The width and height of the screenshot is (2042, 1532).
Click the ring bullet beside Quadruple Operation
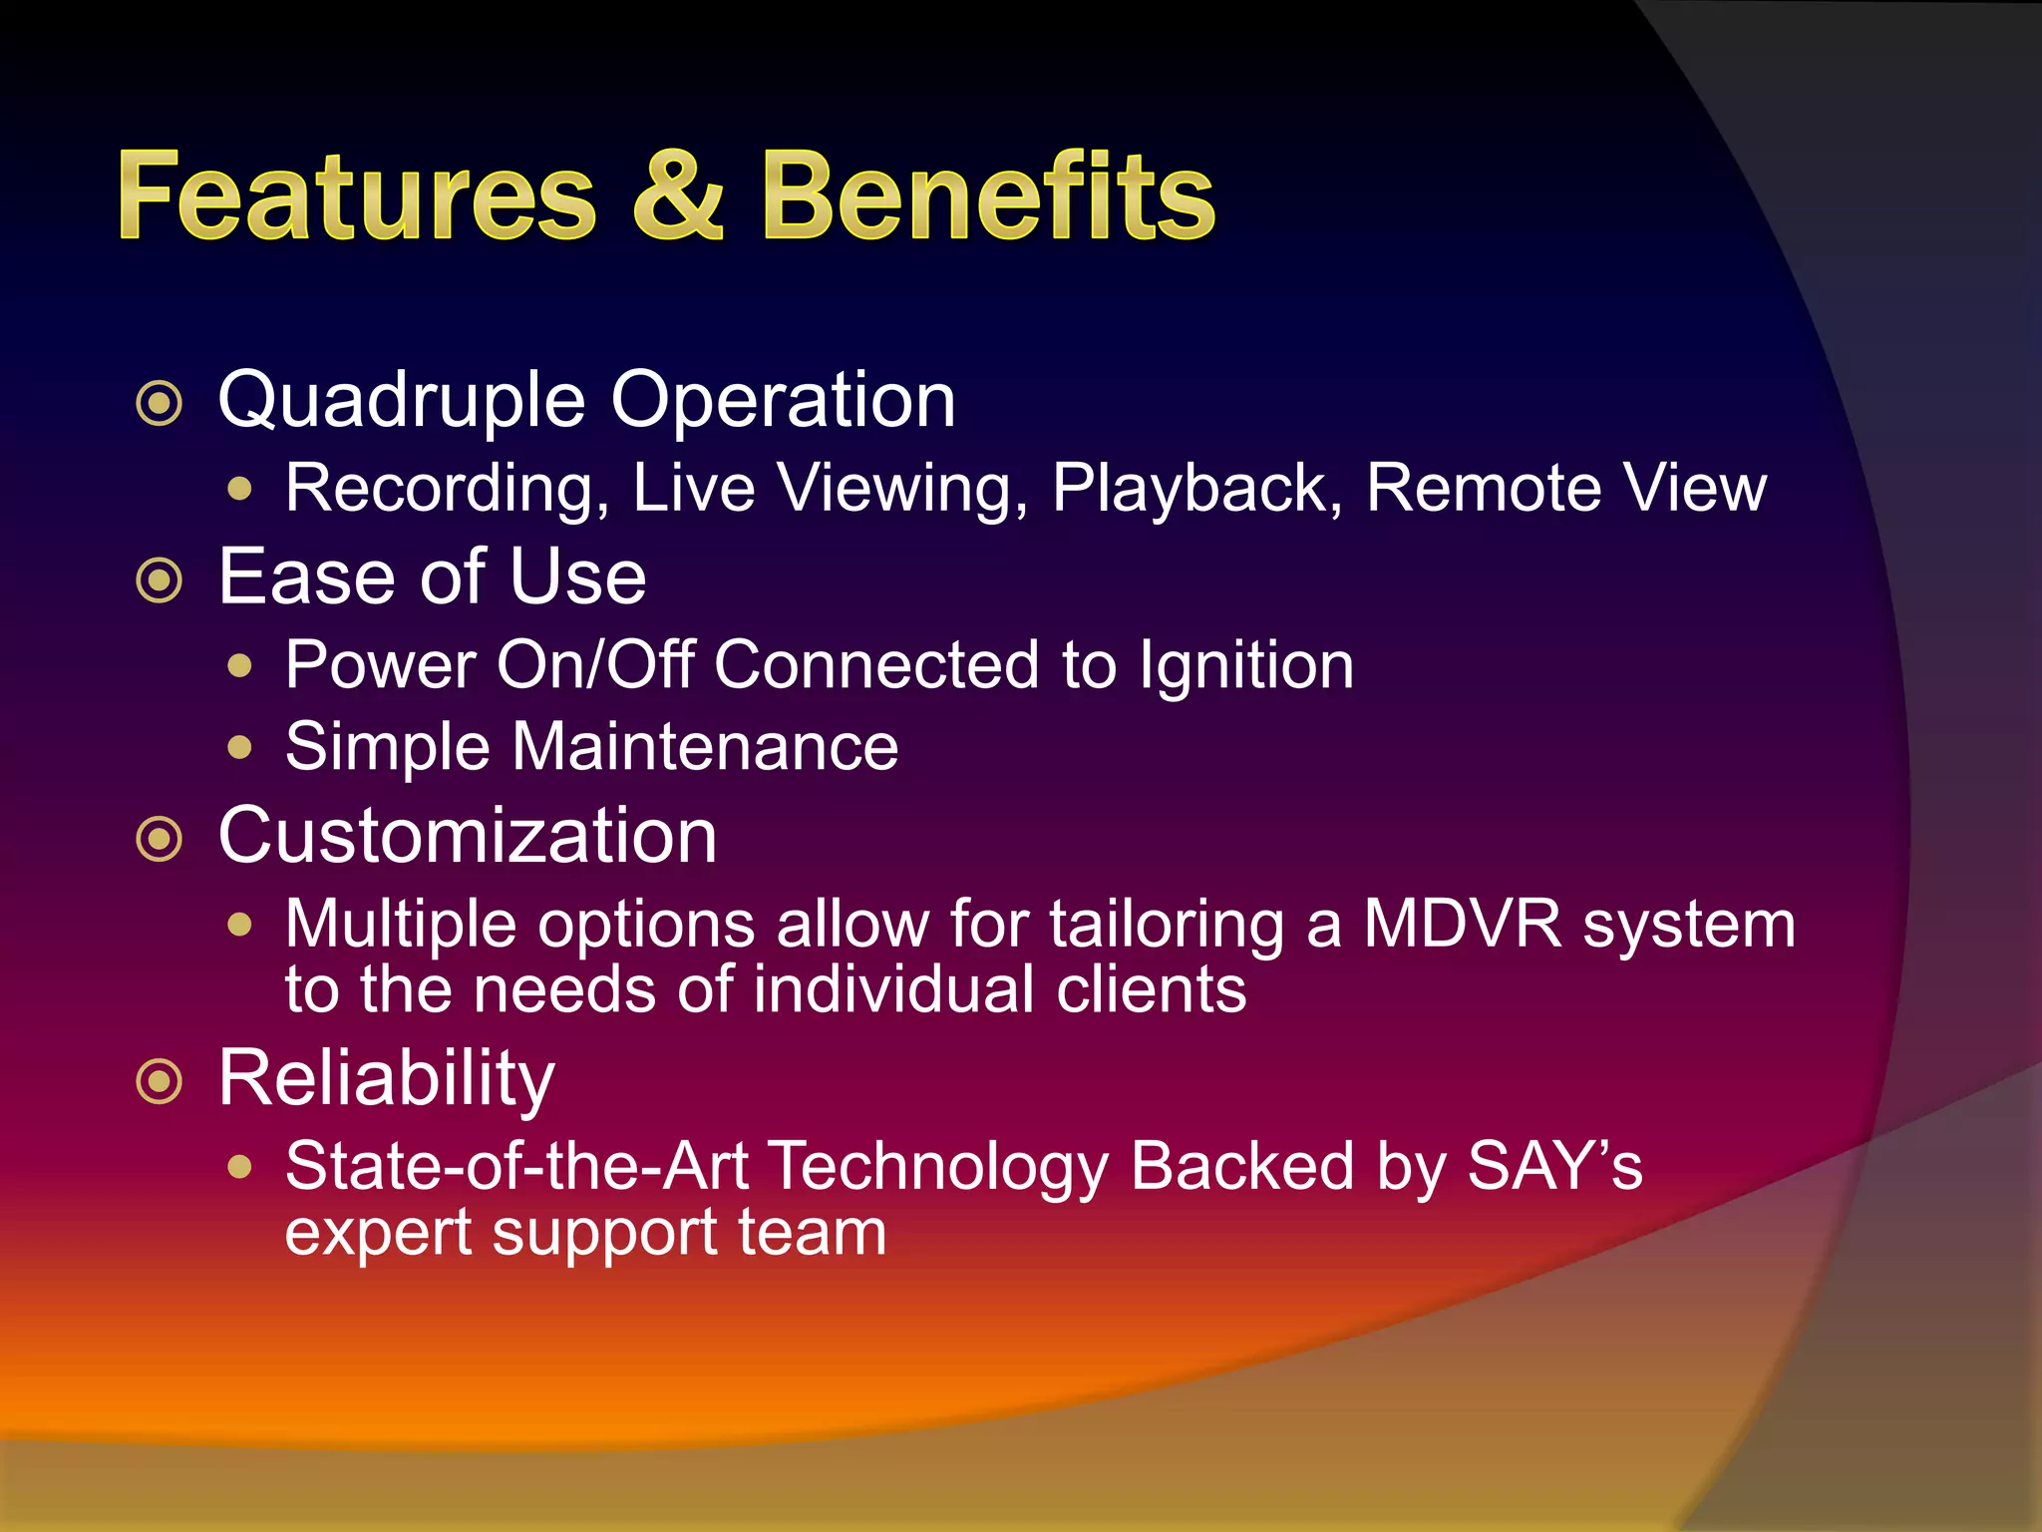(160, 404)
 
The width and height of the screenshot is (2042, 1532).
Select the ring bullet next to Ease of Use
(160, 580)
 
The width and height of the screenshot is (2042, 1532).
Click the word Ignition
(1246, 666)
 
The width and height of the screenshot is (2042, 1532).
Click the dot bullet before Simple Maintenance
(239, 747)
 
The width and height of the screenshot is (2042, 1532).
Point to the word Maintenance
(704, 747)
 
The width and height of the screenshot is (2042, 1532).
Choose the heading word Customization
(468, 836)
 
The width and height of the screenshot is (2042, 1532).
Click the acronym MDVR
(1462, 924)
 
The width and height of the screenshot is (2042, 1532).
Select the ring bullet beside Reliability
(160, 1082)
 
